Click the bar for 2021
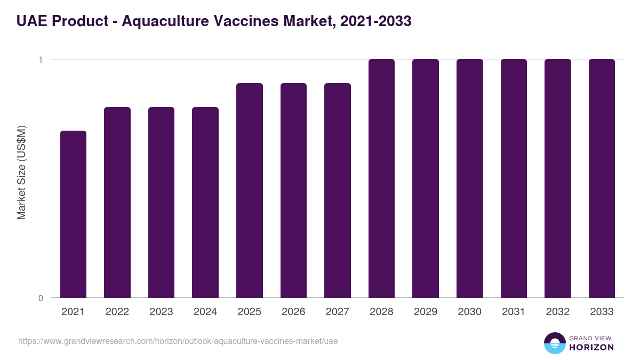pos(73,214)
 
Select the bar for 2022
pos(117,202)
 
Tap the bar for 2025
pos(250,190)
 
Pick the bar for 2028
pos(381,178)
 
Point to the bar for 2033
pos(602,178)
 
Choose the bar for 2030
pos(469,178)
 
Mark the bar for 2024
pos(205,202)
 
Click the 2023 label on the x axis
pos(161,312)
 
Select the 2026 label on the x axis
pos(293,312)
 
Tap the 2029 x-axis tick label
pos(426,312)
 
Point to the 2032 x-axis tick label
pos(557,312)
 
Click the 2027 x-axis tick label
pos(338,312)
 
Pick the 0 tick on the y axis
pos(41,298)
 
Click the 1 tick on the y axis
pos(41,60)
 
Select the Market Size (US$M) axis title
pos(21,172)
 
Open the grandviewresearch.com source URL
pos(178,341)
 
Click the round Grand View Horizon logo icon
pos(554,343)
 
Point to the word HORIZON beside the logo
pos(591,347)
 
